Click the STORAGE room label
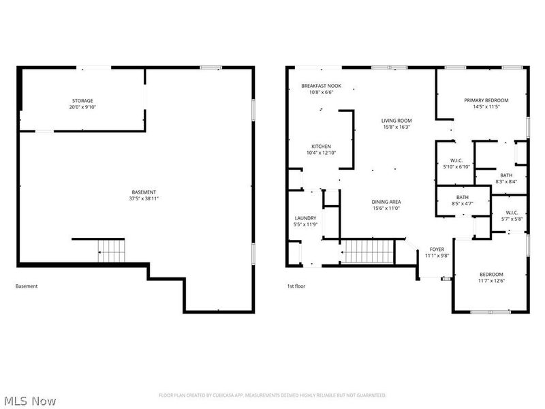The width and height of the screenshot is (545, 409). coord(82,101)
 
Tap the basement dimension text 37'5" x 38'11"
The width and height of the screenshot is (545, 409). coord(144,198)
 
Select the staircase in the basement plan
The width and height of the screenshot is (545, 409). coord(111,251)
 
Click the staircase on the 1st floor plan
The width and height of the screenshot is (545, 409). coord(367,252)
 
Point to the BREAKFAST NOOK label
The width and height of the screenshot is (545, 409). coord(321,86)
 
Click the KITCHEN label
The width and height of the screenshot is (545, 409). coord(321,147)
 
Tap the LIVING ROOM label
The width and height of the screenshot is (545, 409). coord(396,121)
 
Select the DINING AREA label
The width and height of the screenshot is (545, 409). coord(386,202)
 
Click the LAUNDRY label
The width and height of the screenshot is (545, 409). coord(305,218)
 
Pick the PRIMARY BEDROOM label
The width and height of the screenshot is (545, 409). coord(486,100)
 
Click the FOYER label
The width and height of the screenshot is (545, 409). coord(437,249)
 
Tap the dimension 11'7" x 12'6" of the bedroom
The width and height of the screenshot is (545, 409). coord(491,281)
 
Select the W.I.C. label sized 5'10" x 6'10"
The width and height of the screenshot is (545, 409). coord(456,160)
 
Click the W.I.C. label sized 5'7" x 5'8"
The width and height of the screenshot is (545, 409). coord(512,213)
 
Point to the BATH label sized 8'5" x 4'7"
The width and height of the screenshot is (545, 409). coord(463,197)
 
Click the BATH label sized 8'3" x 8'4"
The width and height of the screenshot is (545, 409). coord(506,175)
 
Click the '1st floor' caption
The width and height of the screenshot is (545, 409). coord(296,286)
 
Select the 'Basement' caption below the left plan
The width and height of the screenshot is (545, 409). coord(27,286)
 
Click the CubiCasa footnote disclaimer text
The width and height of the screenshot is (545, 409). coord(272,395)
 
